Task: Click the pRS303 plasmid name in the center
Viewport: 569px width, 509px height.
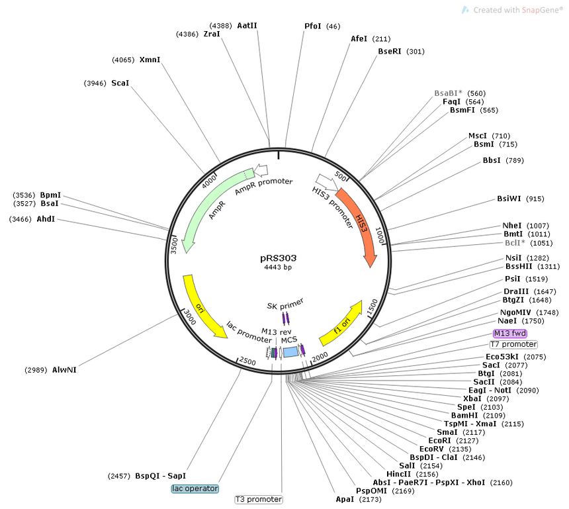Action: point(279,258)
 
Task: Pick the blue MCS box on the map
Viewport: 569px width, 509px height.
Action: point(290,351)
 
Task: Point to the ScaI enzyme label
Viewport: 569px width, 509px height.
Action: point(120,83)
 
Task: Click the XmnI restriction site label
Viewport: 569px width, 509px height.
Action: point(150,60)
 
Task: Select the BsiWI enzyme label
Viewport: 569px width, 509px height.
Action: point(509,199)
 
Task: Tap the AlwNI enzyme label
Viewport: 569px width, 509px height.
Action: point(64,370)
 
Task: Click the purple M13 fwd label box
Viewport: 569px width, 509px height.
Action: point(510,334)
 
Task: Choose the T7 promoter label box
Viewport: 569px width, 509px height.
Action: point(513,344)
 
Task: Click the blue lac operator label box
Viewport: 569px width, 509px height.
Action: point(195,488)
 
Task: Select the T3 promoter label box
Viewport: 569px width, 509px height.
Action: point(259,500)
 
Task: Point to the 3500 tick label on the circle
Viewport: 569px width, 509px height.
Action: point(174,246)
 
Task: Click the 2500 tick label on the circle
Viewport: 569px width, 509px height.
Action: point(247,361)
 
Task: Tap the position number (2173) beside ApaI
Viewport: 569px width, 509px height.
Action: point(370,500)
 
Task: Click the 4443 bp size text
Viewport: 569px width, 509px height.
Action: point(278,267)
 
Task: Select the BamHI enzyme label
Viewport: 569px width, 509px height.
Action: point(464,416)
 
